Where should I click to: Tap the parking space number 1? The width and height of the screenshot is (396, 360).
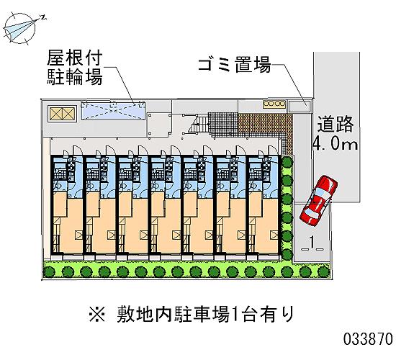tap(312, 242)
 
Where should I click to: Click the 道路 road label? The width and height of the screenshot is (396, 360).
tap(335, 124)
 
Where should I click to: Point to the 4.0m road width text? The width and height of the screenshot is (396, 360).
tap(335, 144)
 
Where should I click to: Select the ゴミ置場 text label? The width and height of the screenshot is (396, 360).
tap(235, 65)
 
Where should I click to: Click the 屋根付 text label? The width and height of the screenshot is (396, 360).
tap(74, 58)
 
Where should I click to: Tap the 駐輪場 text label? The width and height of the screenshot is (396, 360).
tap(74, 76)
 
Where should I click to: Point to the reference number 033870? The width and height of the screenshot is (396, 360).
tap(368, 338)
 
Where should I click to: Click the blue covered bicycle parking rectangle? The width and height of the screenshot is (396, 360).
tap(113, 110)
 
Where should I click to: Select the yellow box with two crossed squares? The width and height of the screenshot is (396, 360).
tap(63, 114)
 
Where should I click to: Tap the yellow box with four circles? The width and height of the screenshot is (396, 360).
tap(274, 104)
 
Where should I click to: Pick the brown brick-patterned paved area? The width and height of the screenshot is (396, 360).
tap(264, 125)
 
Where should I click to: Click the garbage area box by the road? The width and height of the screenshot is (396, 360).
tap(299, 106)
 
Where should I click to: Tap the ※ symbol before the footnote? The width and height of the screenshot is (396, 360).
tap(97, 314)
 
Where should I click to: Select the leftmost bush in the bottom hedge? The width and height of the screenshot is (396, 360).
tap(49, 272)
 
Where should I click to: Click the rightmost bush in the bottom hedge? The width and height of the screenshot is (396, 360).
tap(323, 272)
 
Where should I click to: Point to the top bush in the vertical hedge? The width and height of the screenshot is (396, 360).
tap(287, 162)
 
